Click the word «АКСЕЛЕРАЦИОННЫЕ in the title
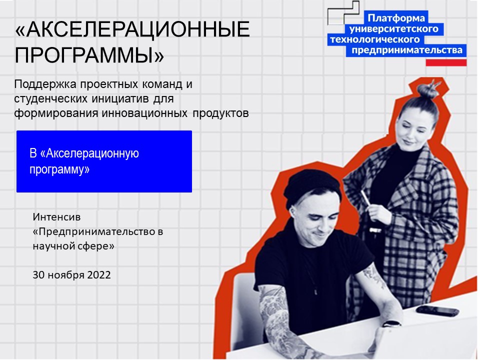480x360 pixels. [132, 31]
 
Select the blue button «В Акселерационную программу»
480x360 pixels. [104, 161]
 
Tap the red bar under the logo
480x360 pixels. [446, 62]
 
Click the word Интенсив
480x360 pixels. [56, 217]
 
